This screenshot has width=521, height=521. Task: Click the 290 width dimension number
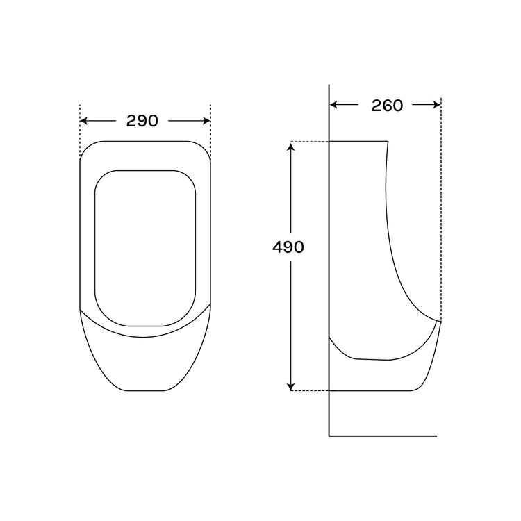(142, 121)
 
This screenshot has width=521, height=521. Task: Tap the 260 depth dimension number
(387, 106)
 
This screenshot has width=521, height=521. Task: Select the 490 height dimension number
(288, 247)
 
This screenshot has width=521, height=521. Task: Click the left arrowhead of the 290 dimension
(84, 121)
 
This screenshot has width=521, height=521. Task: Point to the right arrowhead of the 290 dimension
(207, 121)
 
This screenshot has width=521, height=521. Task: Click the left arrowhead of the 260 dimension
(333, 105)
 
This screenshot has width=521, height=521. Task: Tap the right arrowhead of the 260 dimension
(437, 105)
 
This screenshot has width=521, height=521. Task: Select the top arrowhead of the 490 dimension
(291, 146)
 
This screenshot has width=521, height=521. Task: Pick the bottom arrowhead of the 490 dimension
(291, 386)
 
